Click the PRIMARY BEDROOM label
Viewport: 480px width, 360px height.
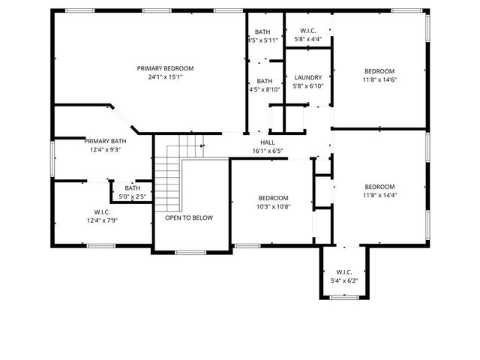tap(165, 68)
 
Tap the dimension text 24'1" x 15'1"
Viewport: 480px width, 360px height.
tap(165, 76)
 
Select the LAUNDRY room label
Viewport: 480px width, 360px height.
tap(308, 77)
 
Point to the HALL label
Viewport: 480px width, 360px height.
tap(267, 142)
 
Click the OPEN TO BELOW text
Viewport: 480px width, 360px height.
tap(189, 218)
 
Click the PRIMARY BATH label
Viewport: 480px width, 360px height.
tap(105, 141)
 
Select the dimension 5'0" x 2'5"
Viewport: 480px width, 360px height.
tap(132, 196)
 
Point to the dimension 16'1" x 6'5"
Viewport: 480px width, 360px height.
tap(267, 151)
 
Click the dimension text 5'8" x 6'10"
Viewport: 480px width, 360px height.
tap(308, 85)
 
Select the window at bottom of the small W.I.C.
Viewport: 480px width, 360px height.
tap(344, 298)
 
